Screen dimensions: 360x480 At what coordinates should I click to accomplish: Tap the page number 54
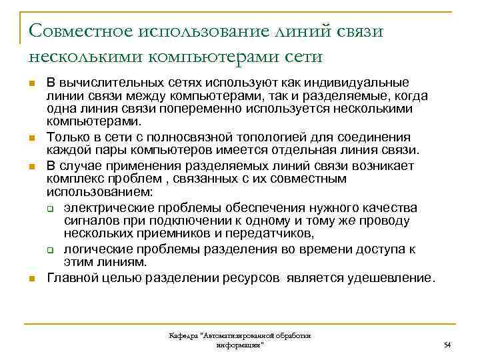pyautogui.click(x=447, y=344)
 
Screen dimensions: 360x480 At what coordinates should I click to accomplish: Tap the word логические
pyautogui.click(x=97, y=249)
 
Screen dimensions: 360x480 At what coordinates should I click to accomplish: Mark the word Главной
pyautogui.click(x=71, y=277)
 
